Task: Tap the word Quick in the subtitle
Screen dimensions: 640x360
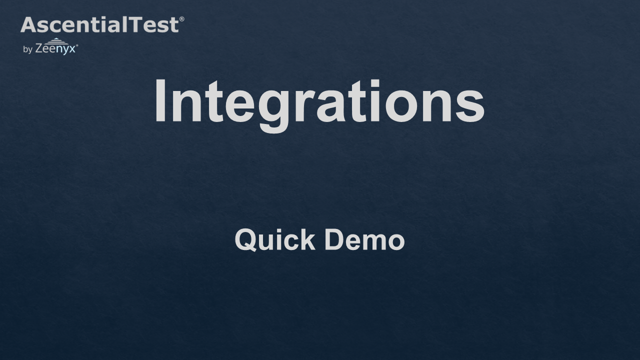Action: [x=275, y=240]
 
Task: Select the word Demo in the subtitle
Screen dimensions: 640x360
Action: [x=364, y=239]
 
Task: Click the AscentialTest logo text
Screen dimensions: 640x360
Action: [x=100, y=24]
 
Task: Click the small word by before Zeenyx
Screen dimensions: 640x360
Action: [x=27, y=49]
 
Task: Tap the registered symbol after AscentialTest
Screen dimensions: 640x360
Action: [x=181, y=19]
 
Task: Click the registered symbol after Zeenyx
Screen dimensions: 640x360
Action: [x=77, y=45]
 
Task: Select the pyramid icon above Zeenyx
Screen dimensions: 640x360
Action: [x=55, y=41]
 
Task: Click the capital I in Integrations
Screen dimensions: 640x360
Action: [x=160, y=100]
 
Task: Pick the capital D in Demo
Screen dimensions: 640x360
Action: [x=335, y=239]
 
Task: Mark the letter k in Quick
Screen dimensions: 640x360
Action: [x=307, y=239]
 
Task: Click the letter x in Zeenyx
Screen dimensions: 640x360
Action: [x=72, y=49]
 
